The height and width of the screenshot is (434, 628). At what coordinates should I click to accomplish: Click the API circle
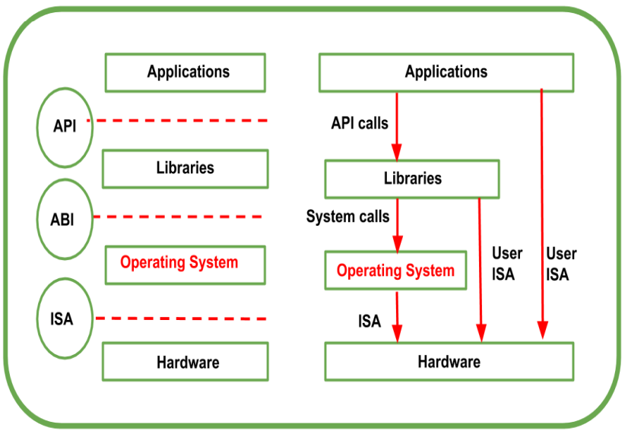pyautogui.click(x=65, y=126)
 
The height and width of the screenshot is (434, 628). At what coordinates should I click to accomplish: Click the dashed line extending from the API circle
pyautogui.click(x=179, y=121)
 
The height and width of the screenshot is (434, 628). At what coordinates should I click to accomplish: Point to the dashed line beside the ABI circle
pyautogui.click(x=179, y=217)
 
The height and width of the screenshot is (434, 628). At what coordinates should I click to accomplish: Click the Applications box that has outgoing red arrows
pyautogui.click(x=446, y=73)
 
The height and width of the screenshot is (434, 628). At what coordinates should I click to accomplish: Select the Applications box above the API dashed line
pyautogui.click(x=185, y=73)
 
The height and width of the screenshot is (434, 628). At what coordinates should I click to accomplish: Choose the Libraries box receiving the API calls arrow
pyautogui.click(x=412, y=179)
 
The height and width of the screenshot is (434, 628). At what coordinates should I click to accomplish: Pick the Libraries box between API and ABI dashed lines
pyautogui.click(x=185, y=168)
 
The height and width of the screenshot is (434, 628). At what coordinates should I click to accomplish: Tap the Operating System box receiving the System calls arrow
pyautogui.click(x=395, y=271)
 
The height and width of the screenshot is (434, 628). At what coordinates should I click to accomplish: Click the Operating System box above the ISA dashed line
pyautogui.click(x=185, y=264)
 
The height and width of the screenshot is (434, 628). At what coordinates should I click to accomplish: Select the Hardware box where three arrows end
pyautogui.click(x=449, y=362)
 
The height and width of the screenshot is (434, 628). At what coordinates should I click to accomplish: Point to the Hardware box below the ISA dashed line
pyautogui.click(x=185, y=362)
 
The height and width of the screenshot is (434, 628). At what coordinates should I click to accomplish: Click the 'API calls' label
pyautogui.click(x=360, y=122)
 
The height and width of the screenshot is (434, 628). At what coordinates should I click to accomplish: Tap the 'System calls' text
pyautogui.click(x=347, y=217)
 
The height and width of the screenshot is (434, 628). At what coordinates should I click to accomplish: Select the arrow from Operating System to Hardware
pyautogui.click(x=396, y=315)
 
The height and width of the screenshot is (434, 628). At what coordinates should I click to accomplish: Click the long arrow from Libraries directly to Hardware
pyautogui.click(x=480, y=266)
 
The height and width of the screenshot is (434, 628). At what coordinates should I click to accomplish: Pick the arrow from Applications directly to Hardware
pyautogui.click(x=541, y=213)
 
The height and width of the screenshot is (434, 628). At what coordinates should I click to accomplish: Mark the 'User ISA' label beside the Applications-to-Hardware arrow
pyautogui.click(x=561, y=264)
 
